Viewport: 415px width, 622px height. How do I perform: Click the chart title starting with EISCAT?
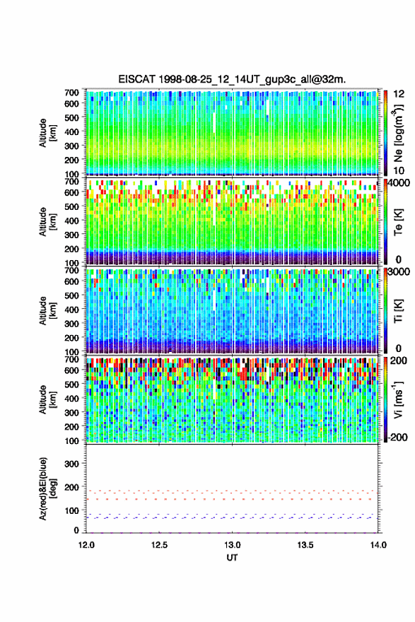[232, 79]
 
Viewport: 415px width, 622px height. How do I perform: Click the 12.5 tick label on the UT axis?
[159, 545]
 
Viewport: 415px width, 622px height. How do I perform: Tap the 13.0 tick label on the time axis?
[232, 545]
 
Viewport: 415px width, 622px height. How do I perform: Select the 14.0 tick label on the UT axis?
[378, 545]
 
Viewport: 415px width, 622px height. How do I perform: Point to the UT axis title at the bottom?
[232, 558]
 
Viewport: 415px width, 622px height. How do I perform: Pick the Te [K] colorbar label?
[398, 222]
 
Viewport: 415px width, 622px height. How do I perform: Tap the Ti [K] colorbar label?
[398, 311]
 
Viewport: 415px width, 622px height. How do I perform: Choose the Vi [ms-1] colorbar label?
[398, 399]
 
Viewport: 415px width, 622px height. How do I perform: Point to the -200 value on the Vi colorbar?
[397, 437]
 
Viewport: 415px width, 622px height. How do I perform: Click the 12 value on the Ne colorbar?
[398, 94]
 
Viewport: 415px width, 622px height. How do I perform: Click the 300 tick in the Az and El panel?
[71, 464]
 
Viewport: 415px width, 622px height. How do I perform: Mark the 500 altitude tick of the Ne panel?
[71, 118]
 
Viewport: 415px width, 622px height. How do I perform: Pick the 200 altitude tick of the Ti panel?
[71, 338]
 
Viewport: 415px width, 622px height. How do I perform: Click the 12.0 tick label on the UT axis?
[86, 545]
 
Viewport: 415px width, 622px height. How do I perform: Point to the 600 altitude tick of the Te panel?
[71, 192]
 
